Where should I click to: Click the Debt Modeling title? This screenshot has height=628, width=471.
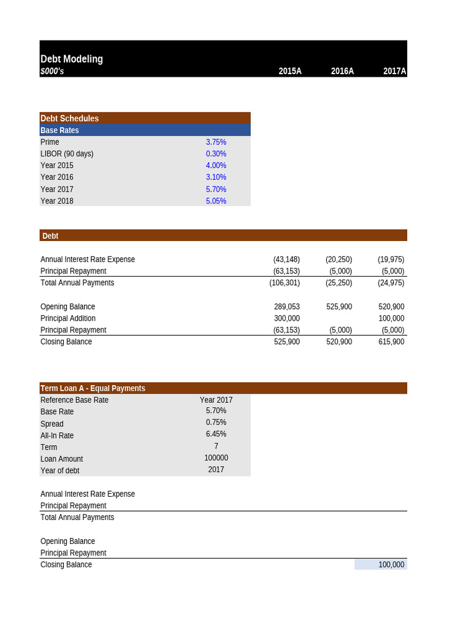coord(72,59)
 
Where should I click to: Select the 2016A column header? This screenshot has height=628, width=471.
coord(342,71)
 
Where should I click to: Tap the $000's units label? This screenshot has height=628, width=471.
coord(52,71)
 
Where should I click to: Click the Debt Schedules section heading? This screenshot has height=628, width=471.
coord(69,118)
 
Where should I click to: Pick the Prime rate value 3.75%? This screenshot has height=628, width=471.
coord(216,142)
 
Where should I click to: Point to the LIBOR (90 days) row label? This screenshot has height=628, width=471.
coord(67,153)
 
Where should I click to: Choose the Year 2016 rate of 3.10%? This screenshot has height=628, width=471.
coord(216,177)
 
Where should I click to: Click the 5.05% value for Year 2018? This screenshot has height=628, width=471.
coord(216,201)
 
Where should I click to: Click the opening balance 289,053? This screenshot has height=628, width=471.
coord(286,307)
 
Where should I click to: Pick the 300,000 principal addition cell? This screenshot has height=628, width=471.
coord(286,318)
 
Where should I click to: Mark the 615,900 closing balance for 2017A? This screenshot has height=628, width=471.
coord(391,342)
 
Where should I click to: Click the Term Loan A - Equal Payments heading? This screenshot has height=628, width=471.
coord(93,388)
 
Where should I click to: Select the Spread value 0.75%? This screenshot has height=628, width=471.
coord(216,423)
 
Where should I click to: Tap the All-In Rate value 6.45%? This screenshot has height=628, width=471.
coord(216,434)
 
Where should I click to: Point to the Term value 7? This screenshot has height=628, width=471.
coord(216,446)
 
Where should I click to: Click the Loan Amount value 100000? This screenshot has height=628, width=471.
coord(216,458)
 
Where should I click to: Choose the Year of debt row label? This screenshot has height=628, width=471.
coord(59,470)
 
